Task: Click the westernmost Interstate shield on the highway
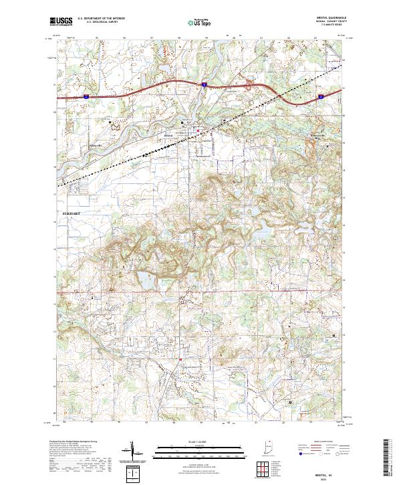86,98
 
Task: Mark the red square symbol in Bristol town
198,130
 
